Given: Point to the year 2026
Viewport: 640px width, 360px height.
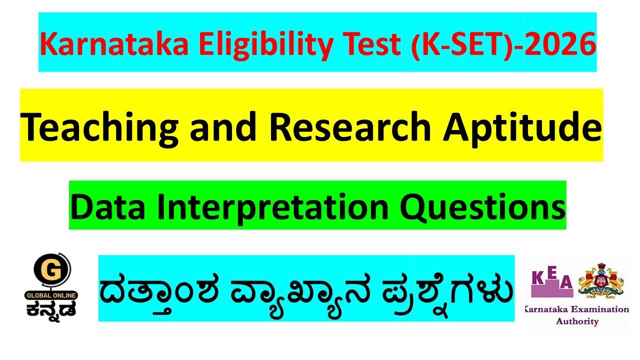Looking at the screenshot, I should (x=560, y=44).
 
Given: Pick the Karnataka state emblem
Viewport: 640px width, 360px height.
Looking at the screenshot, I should (x=601, y=280).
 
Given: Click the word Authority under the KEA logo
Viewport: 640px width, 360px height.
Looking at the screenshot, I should (x=577, y=321).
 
